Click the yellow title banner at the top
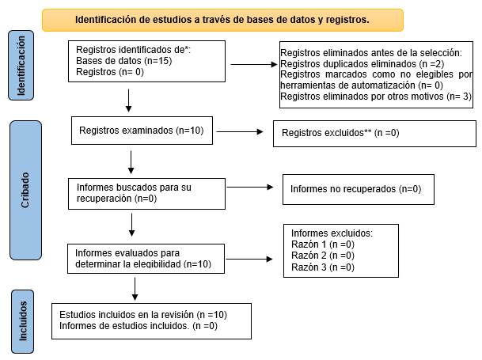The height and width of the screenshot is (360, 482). (222, 20)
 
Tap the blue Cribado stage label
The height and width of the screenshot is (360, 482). (26, 190)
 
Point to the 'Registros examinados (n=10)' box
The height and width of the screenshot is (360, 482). (142, 131)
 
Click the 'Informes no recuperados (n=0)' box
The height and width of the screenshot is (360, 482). (356, 190)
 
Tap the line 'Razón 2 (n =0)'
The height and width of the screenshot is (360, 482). (322, 256)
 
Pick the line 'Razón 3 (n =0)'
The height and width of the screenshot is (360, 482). (322, 267)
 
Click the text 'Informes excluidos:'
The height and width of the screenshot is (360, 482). (332, 233)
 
